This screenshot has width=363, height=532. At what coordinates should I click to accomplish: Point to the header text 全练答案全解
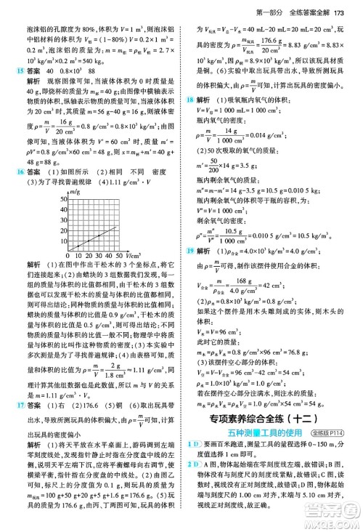[x=310, y=8]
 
